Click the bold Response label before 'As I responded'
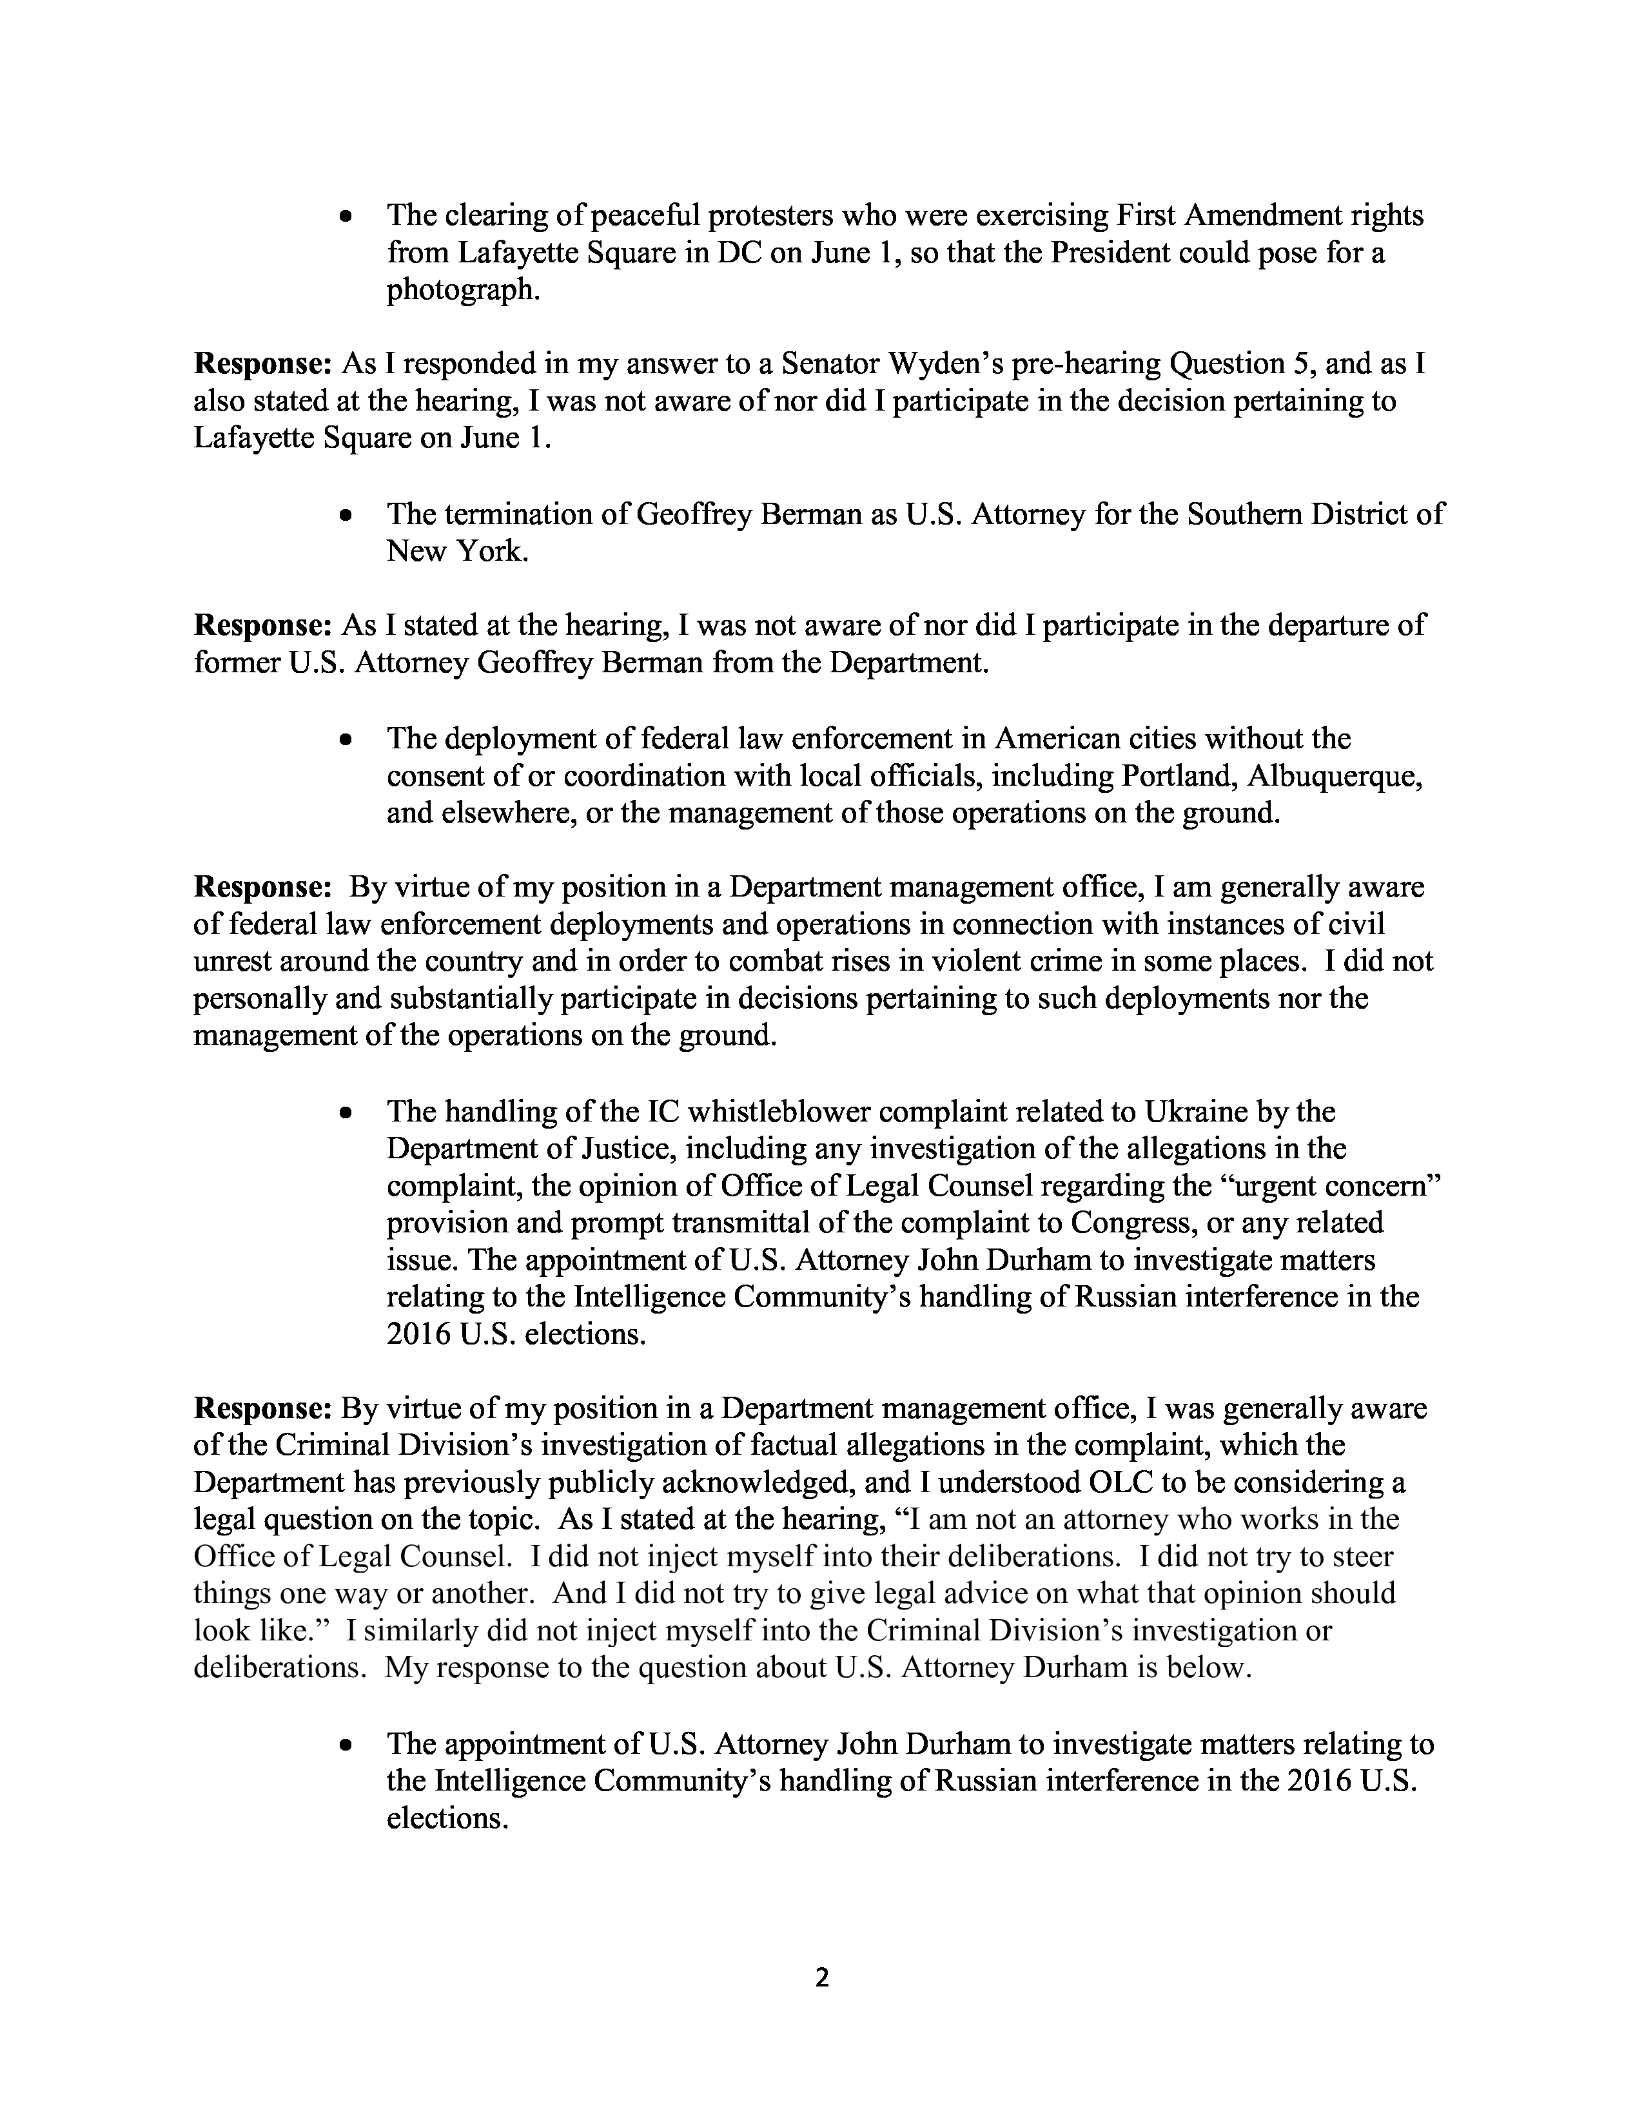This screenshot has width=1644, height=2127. pos(263,364)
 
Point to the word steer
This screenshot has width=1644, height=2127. pos(1364,1557)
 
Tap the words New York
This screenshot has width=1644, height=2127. pos(457,552)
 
